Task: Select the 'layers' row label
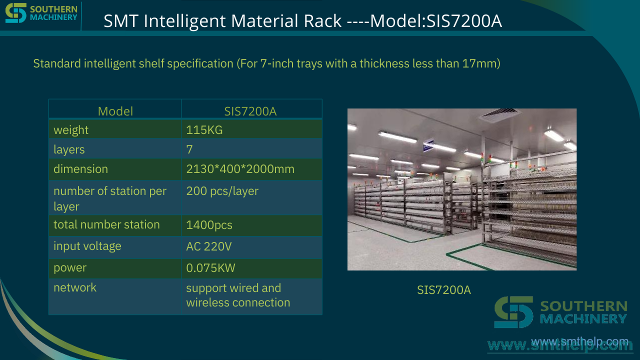pyautogui.click(x=69, y=149)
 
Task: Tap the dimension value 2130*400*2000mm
pyautogui.click(x=240, y=169)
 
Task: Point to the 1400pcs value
pyautogui.click(x=209, y=225)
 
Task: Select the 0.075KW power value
pyautogui.click(x=210, y=268)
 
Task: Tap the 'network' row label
pyautogui.click(x=75, y=287)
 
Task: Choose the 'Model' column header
pyautogui.click(x=115, y=111)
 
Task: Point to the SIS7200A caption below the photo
pyautogui.click(x=443, y=290)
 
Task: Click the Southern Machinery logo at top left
pyautogui.click(x=41, y=13)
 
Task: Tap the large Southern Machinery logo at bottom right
pyautogui.click(x=560, y=312)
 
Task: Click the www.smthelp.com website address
pyautogui.click(x=579, y=341)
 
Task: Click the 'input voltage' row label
pyautogui.click(x=87, y=246)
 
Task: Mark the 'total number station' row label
pyautogui.click(x=106, y=224)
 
